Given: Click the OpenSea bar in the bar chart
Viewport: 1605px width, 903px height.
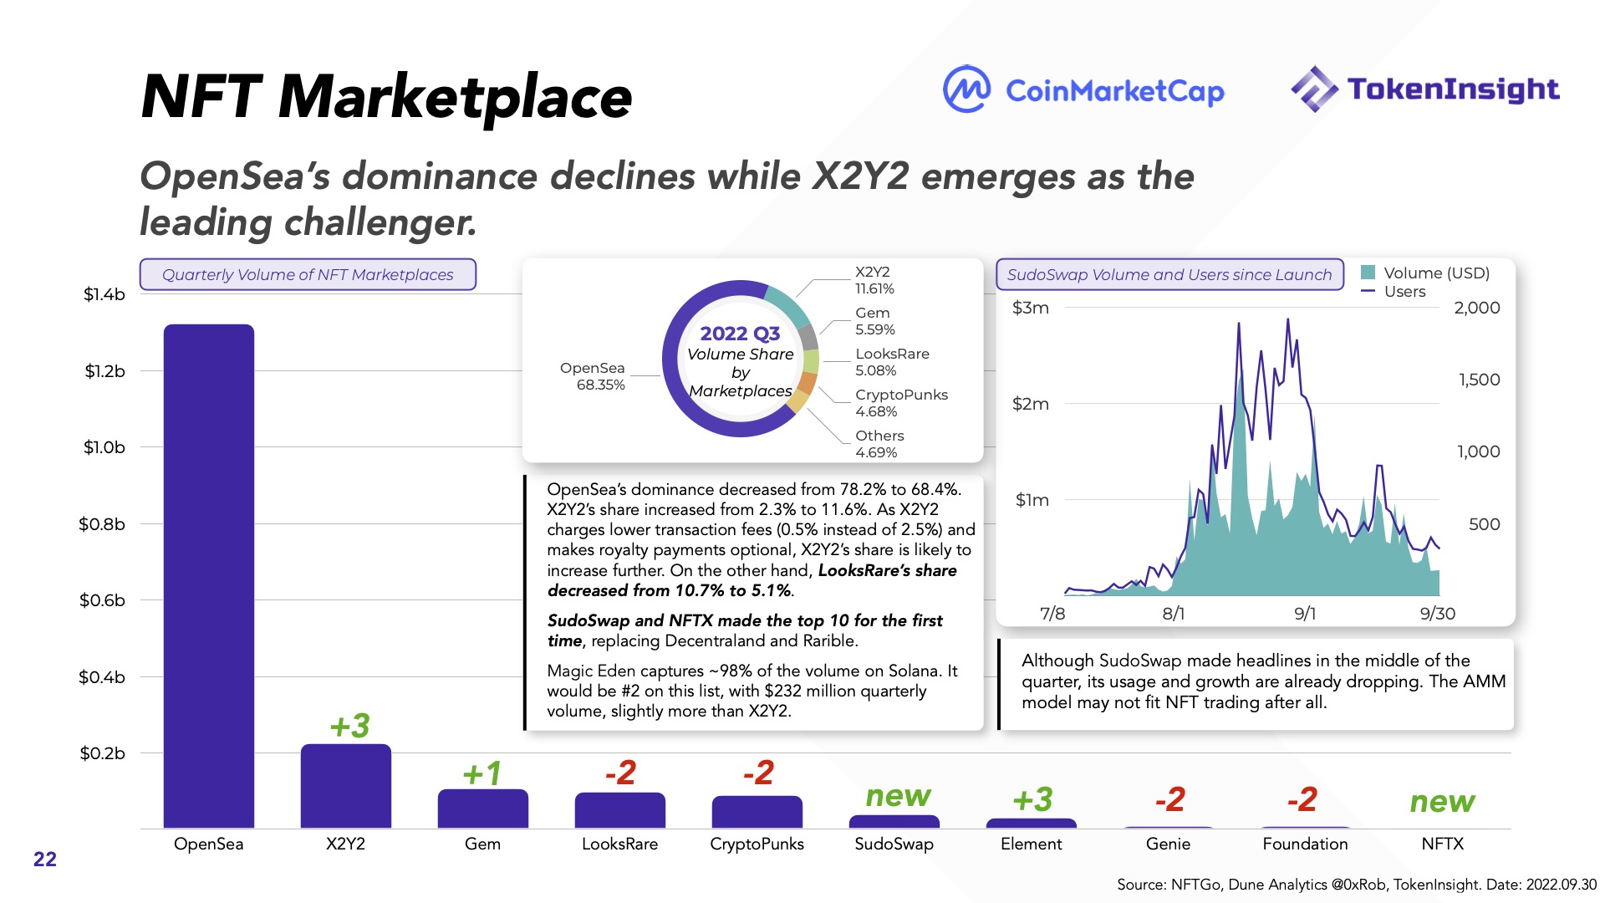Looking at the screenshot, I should tap(209, 577).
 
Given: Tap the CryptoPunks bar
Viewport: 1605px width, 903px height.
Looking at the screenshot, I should tap(757, 812).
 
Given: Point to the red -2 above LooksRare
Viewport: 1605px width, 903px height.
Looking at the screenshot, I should tap(620, 773).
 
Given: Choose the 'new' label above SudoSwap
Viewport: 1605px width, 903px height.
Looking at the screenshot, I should tap(898, 796).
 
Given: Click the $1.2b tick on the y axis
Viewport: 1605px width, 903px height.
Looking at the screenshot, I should tap(104, 371).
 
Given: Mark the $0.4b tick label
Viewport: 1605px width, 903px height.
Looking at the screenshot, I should tap(102, 677).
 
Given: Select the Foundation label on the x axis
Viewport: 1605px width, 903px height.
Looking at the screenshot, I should tap(1305, 844).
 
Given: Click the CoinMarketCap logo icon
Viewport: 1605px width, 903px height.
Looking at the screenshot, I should tap(967, 89).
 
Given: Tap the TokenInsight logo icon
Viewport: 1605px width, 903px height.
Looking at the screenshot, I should tap(1314, 89).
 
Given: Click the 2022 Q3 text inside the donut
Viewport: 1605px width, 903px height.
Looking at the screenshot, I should tap(740, 334).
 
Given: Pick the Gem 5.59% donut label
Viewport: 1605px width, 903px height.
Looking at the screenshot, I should tap(874, 321).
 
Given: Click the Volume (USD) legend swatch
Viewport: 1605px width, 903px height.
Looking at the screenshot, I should tap(1368, 273).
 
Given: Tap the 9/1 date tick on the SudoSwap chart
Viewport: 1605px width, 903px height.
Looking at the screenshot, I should tap(1304, 614).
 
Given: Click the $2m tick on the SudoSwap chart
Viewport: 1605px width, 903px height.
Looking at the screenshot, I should tap(1030, 404).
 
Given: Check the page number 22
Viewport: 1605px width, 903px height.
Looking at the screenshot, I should tap(45, 860).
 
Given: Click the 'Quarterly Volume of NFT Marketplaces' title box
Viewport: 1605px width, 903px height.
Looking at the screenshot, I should tap(308, 274).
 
